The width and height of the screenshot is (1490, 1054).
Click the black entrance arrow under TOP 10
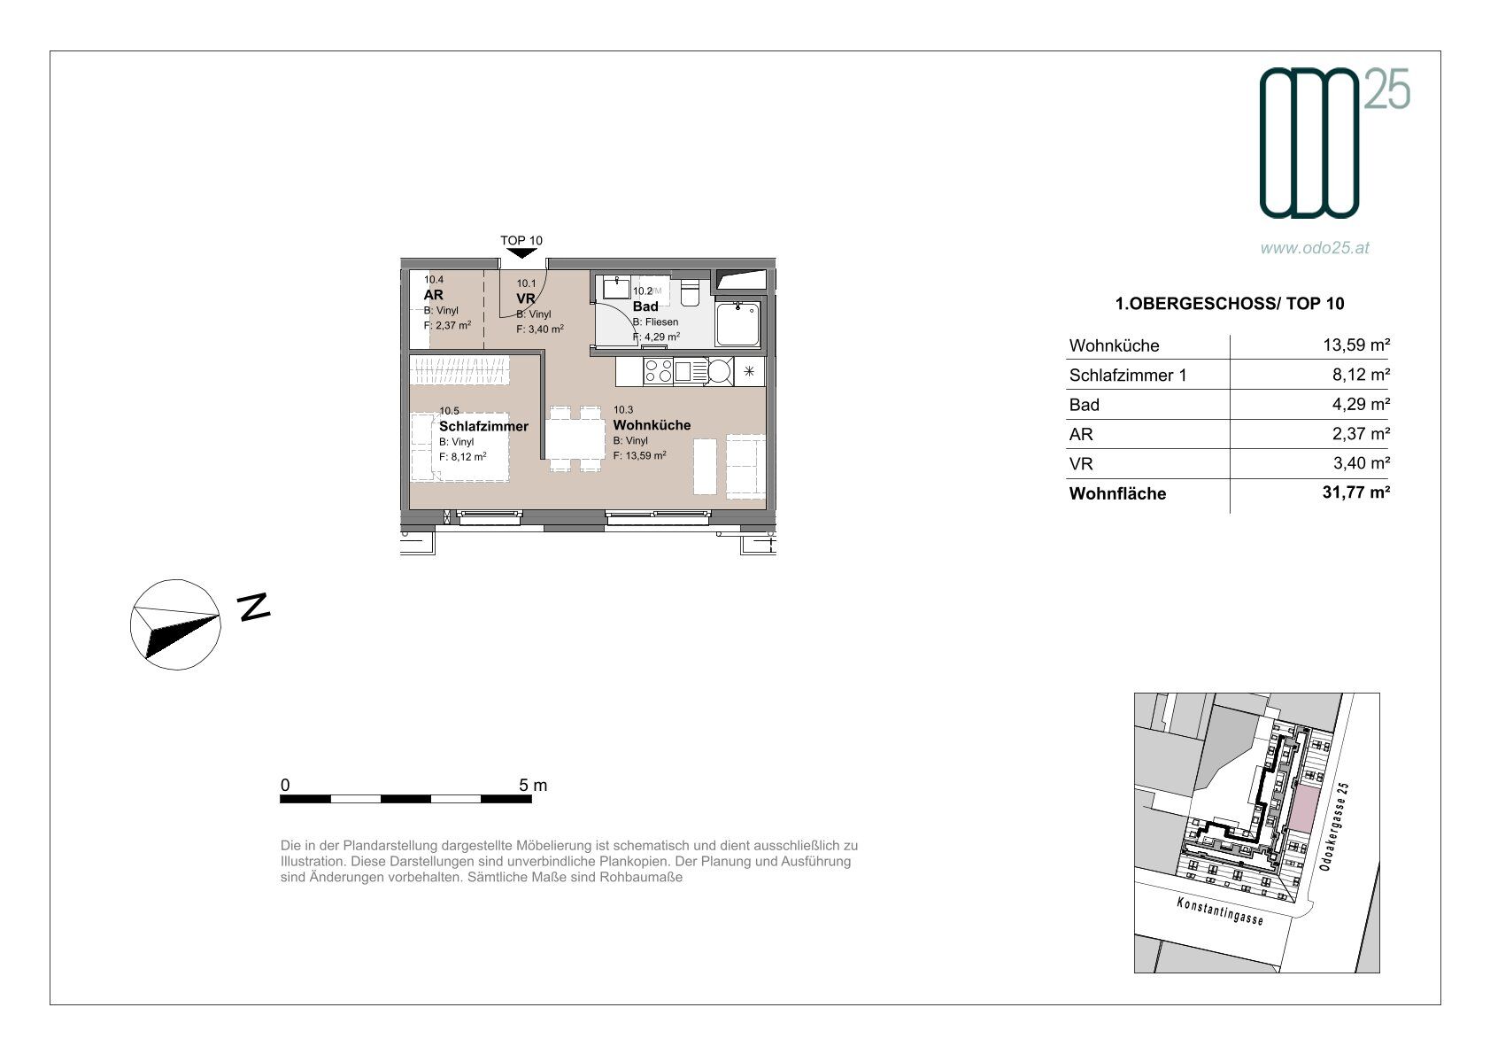point(521,252)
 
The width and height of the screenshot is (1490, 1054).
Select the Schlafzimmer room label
point(483,426)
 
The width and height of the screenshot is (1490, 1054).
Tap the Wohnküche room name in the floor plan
point(652,424)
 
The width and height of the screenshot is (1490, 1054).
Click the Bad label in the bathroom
point(645,306)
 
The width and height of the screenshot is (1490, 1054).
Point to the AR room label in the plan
point(433,294)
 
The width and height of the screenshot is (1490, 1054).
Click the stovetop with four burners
point(659,370)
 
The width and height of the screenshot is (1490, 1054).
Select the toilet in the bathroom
point(691,292)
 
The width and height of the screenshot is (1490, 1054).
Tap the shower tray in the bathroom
point(737,324)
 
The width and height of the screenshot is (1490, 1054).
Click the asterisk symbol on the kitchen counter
point(749,371)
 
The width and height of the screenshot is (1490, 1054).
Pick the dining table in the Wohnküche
point(575,439)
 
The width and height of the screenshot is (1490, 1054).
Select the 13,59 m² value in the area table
point(1356,345)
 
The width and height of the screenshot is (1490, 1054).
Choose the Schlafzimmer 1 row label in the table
point(1128,376)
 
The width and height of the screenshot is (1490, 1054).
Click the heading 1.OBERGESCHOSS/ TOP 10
point(1229,304)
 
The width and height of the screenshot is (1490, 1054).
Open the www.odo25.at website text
point(1315,247)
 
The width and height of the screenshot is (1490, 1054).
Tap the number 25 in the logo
point(1387,89)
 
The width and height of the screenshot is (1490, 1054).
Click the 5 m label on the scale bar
point(533,785)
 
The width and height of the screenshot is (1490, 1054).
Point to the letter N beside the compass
point(253,607)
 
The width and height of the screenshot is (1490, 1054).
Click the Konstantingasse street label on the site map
point(1219,911)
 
